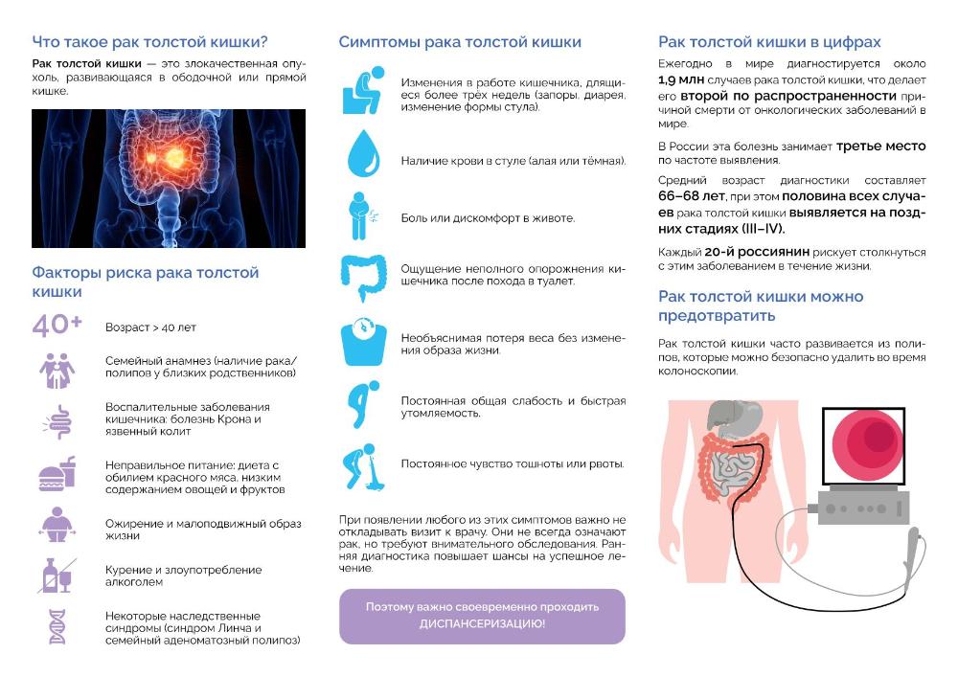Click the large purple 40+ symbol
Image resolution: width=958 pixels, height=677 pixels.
pos(57,326)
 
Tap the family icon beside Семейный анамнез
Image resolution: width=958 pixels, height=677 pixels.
pos(57,369)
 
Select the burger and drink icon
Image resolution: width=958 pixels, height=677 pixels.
pos(57,475)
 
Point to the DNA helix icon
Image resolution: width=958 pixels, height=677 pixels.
pos(57,625)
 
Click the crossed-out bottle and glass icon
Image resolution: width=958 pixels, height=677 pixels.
pos(57,575)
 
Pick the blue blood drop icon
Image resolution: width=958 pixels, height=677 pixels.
pos(364,153)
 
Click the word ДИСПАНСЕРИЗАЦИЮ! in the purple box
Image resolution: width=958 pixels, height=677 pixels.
pos(482,623)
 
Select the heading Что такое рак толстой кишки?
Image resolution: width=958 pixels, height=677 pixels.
pos(149,42)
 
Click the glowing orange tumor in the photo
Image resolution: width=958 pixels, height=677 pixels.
pos(165,152)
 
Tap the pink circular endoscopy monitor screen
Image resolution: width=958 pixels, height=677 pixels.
pos(868,441)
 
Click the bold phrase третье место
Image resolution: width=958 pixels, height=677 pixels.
pos(880,147)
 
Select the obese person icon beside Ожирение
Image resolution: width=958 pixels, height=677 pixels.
pos(57,525)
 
